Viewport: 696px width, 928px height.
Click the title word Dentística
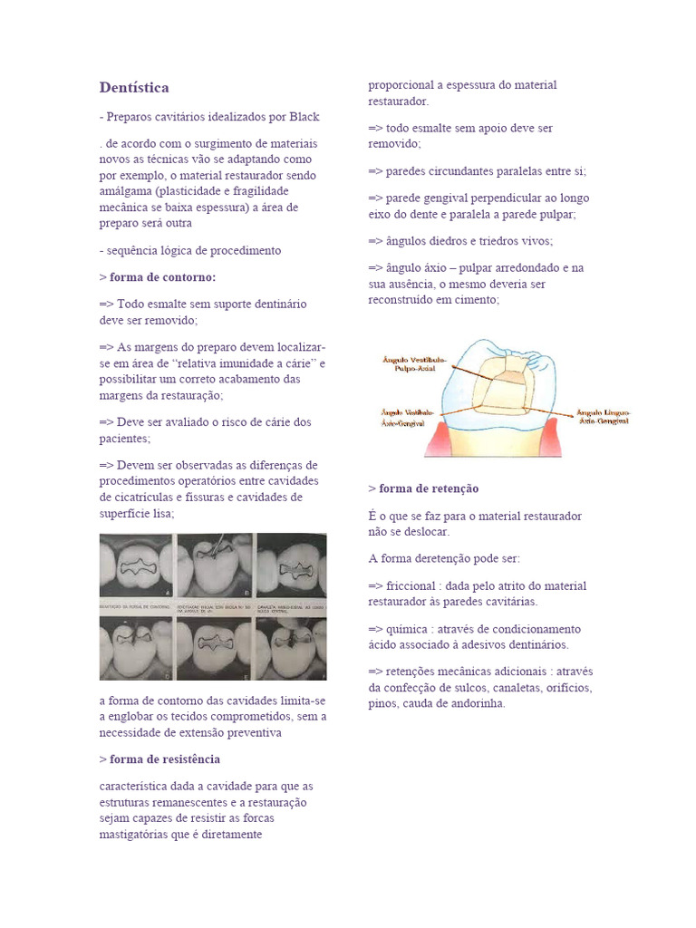(x=134, y=88)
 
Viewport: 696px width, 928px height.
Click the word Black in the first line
(x=304, y=117)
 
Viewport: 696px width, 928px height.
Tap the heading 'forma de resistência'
(x=164, y=759)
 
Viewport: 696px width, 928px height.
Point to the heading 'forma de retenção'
(x=429, y=488)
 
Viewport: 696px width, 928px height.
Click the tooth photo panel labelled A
(x=136, y=565)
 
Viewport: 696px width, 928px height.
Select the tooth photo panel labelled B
(x=214, y=565)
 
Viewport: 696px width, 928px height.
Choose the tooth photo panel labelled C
(x=293, y=565)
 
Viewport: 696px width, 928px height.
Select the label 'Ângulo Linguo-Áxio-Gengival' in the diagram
(x=603, y=417)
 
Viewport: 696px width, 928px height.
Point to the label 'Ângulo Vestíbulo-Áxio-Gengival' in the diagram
(x=407, y=417)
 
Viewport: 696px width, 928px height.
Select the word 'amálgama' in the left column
(x=125, y=191)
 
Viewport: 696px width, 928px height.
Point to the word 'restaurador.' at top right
(x=399, y=101)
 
